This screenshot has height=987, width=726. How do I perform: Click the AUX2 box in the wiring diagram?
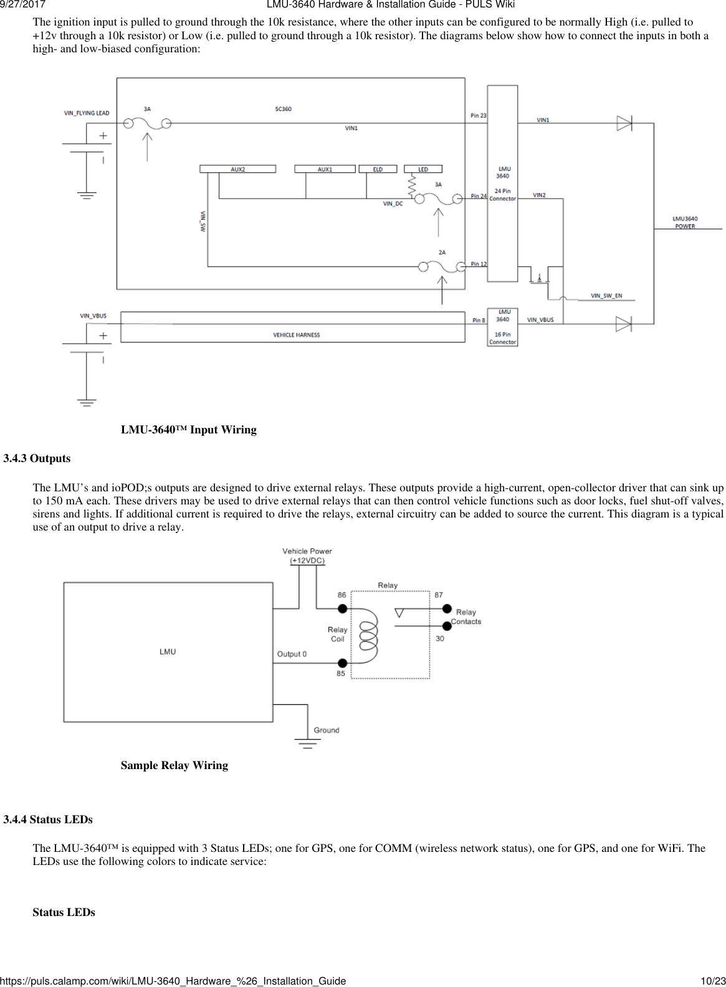point(237,169)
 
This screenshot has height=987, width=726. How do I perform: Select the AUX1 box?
point(325,169)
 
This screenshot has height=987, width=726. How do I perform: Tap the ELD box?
point(378,169)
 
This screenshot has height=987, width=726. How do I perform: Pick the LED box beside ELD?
point(423,169)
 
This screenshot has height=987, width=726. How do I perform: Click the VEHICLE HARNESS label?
point(296,335)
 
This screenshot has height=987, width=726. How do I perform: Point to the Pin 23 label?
point(479,115)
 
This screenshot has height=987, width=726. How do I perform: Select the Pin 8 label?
point(479,320)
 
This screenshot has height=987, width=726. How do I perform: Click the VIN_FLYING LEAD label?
point(87,113)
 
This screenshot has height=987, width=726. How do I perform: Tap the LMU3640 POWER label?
point(685,222)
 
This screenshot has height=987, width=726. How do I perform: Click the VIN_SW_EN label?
point(606,296)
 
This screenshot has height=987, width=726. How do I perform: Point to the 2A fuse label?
point(442,252)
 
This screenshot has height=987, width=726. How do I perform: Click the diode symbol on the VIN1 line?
point(624,123)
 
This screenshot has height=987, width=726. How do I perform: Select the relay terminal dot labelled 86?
point(342,608)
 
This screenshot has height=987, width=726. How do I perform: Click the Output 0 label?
point(292,654)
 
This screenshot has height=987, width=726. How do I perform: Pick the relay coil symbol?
point(368,633)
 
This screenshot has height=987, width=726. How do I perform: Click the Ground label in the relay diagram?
point(327,730)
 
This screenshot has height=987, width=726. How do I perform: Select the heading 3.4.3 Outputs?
point(37,458)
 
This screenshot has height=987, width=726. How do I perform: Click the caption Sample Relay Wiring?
point(174,765)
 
